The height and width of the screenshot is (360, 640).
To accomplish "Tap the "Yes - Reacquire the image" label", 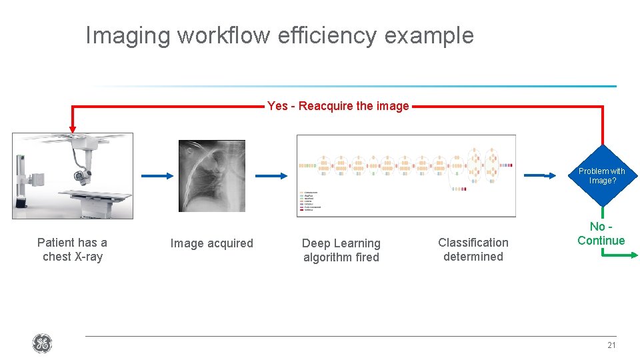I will coord(338,106).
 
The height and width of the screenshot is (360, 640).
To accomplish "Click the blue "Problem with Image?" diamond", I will coord(602,175).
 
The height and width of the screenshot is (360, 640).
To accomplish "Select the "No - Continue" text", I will coord(601,234).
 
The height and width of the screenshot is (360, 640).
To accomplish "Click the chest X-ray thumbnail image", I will coord(212,175).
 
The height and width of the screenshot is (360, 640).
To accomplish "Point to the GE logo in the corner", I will coord(41,344).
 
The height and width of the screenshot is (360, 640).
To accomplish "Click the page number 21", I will coord(611,345).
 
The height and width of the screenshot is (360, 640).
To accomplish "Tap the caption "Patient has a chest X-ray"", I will coord(72,249).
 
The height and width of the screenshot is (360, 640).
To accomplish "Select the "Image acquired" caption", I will coord(211,243).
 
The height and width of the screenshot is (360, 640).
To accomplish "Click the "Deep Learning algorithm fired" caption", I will coord(341,250).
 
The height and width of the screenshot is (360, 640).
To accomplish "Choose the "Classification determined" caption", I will coord(473,249).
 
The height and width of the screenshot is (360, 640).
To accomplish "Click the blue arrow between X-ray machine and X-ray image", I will coord(158,175).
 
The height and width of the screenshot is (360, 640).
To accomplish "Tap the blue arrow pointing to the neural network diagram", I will coord(272,175).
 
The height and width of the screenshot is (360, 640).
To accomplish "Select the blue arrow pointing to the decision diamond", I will coord(541,175).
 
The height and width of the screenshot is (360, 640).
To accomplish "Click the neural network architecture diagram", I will coord(406,175).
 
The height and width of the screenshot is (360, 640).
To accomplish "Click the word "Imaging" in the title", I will coord(127,35).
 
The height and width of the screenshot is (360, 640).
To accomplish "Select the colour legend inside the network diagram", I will coord(309,200).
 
